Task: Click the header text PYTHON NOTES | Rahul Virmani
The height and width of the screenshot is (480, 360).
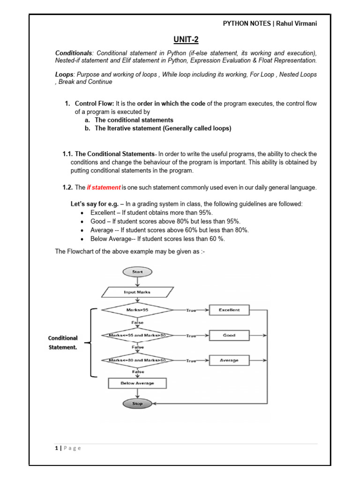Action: pyautogui.click(x=270, y=23)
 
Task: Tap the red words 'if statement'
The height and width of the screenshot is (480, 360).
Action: pyautogui.click(x=104, y=187)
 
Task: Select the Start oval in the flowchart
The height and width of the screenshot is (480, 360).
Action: pyautogui.click(x=137, y=271)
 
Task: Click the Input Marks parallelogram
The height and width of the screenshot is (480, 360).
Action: pyautogui.click(x=137, y=292)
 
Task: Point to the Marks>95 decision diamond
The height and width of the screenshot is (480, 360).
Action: pyautogui.click(x=137, y=310)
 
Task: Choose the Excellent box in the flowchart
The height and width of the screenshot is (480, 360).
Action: pyautogui.click(x=229, y=310)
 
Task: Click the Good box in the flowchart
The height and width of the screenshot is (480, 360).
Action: pyautogui.click(x=229, y=335)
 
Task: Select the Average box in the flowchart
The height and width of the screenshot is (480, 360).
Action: pyautogui.click(x=229, y=360)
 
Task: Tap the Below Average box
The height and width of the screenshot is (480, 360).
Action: pyautogui.click(x=137, y=383)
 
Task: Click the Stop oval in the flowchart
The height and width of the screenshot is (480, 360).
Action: pyautogui.click(x=137, y=403)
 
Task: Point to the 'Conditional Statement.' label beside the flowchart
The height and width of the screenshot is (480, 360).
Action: pyautogui.click(x=63, y=342)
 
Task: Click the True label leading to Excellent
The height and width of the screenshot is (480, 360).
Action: pyautogui.click(x=191, y=310)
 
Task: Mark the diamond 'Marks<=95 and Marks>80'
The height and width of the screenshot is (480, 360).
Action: pyautogui.click(x=137, y=335)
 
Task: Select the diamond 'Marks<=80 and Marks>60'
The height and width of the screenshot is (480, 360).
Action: pyautogui.click(x=137, y=360)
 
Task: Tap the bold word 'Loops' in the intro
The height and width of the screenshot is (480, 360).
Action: pyautogui.click(x=64, y=74)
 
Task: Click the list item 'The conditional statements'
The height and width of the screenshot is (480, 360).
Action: pyautogui.click(x=134, y=120)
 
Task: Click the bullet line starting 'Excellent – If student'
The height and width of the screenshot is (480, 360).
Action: pyautogui.click(x=151, y=212)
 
